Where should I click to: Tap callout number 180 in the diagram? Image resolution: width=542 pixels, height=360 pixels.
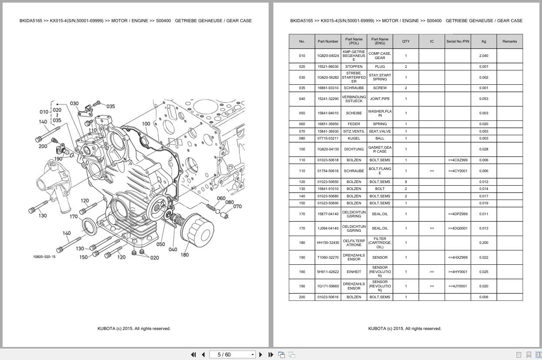tap(185, 255)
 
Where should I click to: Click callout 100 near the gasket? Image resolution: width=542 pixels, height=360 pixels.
tap(146, 123)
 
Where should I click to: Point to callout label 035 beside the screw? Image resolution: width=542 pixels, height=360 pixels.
tap(110, 106)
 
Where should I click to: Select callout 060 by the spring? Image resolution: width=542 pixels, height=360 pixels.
tap(221, 198)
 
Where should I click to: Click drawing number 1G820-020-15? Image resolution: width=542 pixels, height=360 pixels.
tap(44, 257)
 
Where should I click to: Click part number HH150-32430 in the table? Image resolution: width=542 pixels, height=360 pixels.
tap(328, 243)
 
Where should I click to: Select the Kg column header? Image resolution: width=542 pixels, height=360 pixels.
tap(483, 41)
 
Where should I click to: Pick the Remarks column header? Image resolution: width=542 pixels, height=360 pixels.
tap(509, 41)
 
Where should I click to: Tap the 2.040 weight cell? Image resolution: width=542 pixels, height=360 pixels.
tap(483, 56)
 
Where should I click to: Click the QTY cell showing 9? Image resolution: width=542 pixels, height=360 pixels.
tap(406, 182)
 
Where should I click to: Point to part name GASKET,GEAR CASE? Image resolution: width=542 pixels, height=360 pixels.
tap(379, 149)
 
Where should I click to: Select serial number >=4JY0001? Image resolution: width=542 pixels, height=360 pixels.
tap(458, 286)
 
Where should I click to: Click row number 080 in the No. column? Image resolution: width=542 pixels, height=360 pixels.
tap(302, 138)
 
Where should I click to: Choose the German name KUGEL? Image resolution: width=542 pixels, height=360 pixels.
tap(354, 138)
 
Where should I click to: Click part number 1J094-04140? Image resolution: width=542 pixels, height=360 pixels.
tap(328, 228)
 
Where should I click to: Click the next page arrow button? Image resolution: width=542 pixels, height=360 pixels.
tap(261, 354)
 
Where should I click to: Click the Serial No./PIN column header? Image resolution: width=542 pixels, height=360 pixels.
tap(458, 41)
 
